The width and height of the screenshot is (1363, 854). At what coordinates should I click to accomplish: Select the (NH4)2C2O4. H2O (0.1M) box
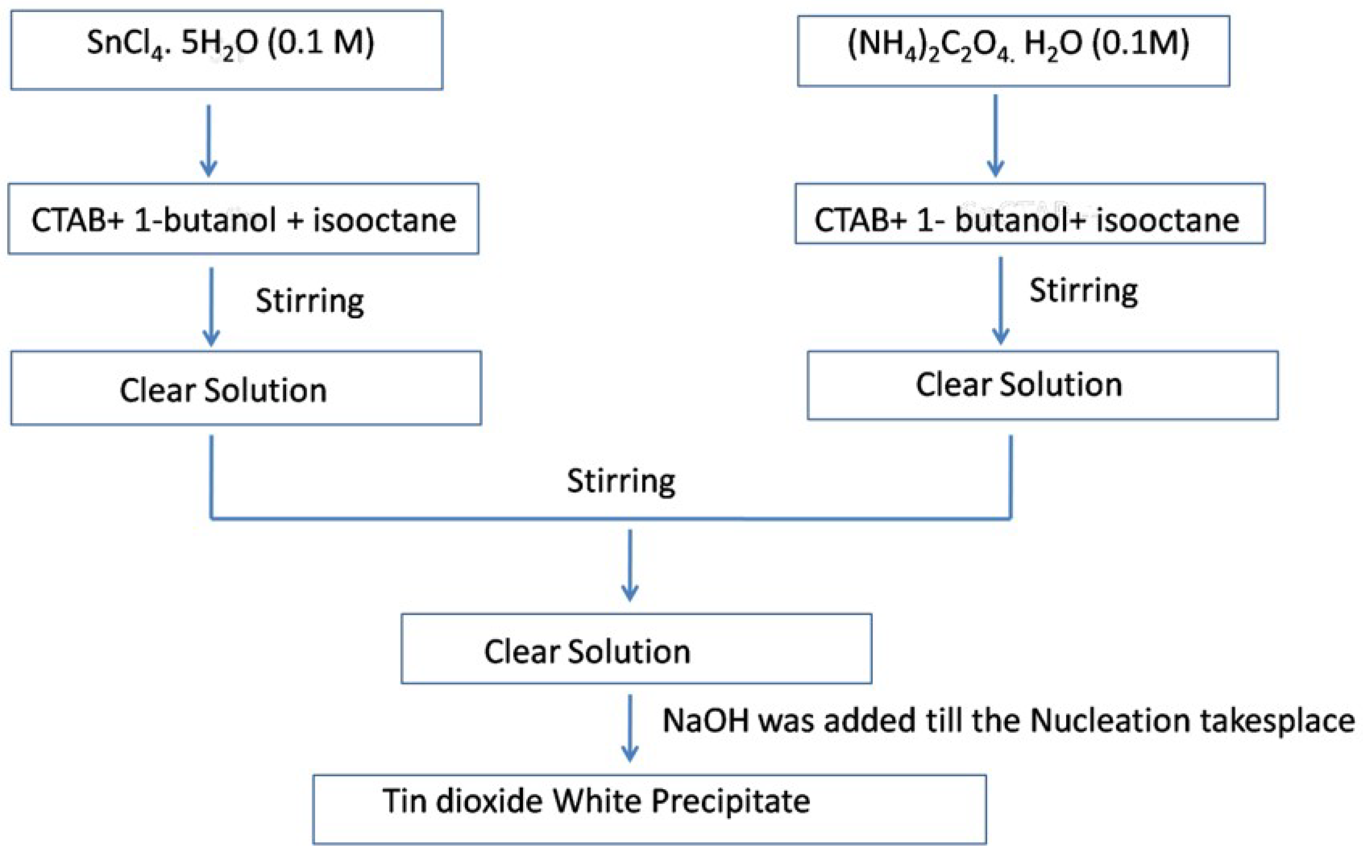point(1013,51)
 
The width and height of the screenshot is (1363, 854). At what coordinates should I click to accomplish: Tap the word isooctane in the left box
point(384,220)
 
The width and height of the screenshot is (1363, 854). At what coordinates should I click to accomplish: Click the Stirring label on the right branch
point(1083,291)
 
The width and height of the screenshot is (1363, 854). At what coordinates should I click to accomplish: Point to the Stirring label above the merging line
point(621,481)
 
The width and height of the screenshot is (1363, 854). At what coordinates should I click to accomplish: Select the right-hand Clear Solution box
point(1042,385)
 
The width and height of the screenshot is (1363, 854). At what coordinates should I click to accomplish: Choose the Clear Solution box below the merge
point(636,650)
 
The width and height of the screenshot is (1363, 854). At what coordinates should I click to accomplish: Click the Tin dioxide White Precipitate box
point(649,809)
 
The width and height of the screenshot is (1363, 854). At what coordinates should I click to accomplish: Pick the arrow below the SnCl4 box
point(208,141)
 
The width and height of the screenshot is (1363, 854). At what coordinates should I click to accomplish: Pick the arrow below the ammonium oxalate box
point(995,135)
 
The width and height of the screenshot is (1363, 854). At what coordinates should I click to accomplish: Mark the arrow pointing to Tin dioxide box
point(630,729)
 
